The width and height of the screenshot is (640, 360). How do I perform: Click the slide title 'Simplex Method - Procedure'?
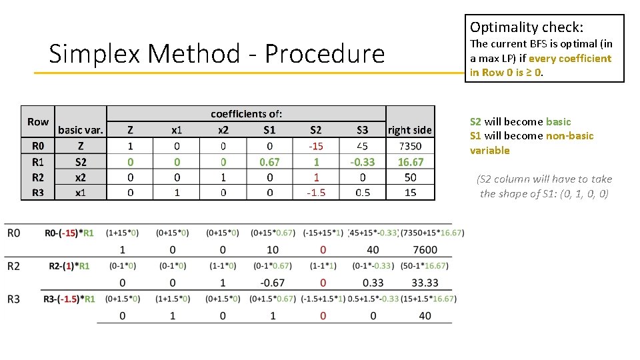217,54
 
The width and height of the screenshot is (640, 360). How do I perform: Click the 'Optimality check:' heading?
527,27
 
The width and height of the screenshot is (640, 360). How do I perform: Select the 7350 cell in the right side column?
410,146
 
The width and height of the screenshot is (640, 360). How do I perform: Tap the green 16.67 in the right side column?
410,162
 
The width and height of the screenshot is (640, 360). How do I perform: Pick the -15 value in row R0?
315,146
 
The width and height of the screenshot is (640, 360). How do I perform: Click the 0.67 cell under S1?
269,162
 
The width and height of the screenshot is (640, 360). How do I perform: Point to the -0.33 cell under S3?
362,162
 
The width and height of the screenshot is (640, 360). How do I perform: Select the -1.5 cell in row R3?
315,193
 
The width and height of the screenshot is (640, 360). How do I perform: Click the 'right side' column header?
409,130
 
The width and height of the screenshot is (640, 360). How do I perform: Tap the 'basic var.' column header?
81,130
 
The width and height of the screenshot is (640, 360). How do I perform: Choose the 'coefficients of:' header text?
246,114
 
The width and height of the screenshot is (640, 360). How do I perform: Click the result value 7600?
425,250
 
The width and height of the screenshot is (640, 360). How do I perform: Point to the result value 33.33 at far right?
425,283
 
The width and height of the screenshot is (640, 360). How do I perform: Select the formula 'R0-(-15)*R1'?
69,233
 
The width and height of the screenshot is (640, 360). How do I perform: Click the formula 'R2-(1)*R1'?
69,266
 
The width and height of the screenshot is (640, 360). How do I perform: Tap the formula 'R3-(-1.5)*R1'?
69,299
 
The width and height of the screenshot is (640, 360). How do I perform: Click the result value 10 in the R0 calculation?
272,250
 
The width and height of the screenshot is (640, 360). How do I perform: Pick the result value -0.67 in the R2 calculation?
272,283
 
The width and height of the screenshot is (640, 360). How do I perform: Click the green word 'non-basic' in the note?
569,136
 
